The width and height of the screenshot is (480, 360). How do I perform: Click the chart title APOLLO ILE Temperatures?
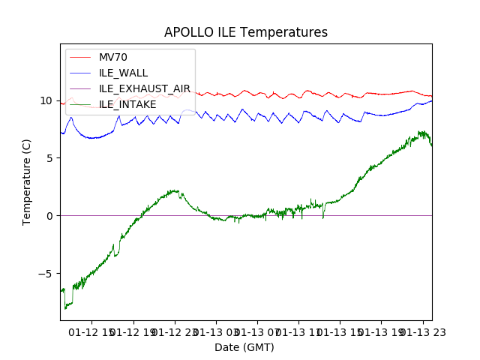tap(246, 33)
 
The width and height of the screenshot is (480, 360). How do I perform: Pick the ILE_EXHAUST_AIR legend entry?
tap(144, 89)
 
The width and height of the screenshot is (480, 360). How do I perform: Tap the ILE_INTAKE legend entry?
tap(127, 105)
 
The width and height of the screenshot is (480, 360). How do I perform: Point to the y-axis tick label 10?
tap(47, 100)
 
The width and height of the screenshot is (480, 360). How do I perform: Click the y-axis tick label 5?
tap(50, 158)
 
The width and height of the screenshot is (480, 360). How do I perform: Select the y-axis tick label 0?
tap(50, 216)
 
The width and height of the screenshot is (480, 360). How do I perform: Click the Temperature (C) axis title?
tap(27, 181)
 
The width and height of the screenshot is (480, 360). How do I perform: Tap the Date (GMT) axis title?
tap(244, 347)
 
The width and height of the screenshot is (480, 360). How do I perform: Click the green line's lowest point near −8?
tap(65, 307)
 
